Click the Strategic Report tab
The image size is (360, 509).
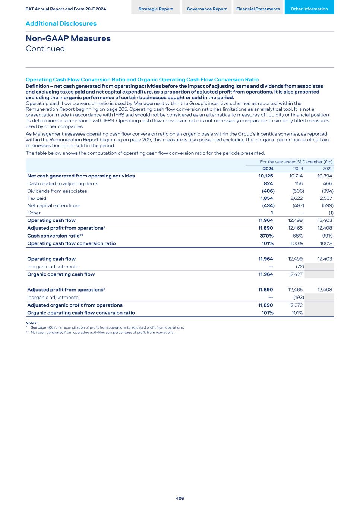(x=155, y=9)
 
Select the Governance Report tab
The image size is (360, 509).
(x=206, y=9)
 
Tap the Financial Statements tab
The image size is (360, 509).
(x=258, y=9)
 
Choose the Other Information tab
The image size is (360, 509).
(x=309, y=9)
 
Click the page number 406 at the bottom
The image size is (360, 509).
(x=180, y=498)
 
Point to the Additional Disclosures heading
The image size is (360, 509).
(x=61, y=23)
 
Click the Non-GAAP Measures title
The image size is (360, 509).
(x=68, y=38)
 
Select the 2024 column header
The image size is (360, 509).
(x=268, y=169)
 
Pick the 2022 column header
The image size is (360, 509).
(x=327, y=169)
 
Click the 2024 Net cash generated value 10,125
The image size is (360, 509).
(x=266, y=176)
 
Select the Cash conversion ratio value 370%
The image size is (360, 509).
(x=266, y=236)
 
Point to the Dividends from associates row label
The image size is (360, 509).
(x=57, y=191)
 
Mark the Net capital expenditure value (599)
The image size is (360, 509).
(x=328, y=205)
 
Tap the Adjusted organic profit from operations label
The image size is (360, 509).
(x=75, y=305)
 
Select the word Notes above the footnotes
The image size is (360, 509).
(x=31, y=323)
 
